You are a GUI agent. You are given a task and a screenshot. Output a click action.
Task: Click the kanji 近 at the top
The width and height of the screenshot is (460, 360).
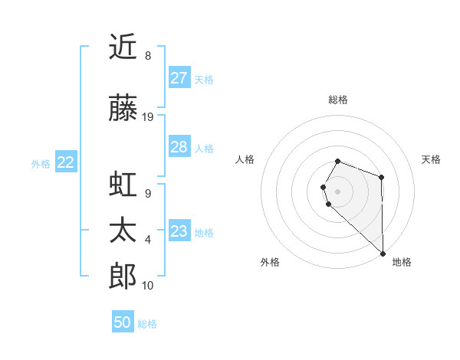click(123, 47)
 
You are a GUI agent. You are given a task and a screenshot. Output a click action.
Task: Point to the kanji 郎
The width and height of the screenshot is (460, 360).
click(123, 277)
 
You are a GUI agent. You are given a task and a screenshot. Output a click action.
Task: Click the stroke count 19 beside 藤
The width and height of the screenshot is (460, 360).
click(149, 117)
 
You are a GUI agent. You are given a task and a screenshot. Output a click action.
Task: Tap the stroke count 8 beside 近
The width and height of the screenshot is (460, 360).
click(147, 56)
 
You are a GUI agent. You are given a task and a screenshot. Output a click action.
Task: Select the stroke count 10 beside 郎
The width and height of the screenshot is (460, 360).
click(149, 286)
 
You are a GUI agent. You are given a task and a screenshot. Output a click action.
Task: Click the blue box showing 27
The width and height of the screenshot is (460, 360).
click(179, 78)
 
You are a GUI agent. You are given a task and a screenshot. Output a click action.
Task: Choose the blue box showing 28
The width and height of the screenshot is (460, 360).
click(179, 147)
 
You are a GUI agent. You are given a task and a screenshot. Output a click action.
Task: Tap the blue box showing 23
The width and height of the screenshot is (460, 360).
click(179, 231)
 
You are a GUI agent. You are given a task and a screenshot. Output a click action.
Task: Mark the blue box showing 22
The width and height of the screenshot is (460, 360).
click(66, 162)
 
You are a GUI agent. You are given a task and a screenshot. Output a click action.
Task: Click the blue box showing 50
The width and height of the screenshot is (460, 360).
click(123, 322)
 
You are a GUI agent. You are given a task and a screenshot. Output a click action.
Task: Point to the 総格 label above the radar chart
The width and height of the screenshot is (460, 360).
click(338, 100)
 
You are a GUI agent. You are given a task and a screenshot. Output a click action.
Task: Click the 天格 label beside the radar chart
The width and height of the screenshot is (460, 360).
click(431, 159)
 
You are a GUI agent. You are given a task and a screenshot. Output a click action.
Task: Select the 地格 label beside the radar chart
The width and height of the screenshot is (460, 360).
click(402, 262)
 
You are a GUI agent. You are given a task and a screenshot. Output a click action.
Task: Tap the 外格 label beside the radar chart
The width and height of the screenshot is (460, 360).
click(270, 262)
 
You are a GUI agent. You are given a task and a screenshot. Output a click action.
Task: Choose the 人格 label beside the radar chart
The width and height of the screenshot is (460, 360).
click(245, 159)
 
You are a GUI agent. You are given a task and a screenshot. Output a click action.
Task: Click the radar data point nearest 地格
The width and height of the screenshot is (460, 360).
click(383, 252)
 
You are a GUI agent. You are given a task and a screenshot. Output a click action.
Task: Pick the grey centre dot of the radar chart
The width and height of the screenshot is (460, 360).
click(338, 191)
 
